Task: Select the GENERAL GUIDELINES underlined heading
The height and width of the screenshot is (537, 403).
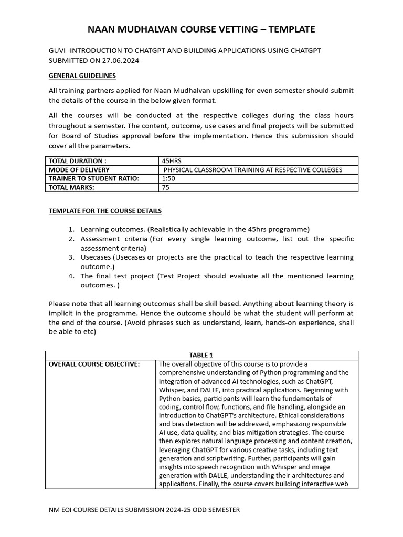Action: click(82, 76)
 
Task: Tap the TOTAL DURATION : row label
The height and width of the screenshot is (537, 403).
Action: click(78, 161)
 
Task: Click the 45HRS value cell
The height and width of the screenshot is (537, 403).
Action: click(172, 161)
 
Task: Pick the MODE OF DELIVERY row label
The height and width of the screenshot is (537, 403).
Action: click(79, 170)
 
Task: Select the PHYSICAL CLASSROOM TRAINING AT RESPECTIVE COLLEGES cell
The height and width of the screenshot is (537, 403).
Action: click(253, 170)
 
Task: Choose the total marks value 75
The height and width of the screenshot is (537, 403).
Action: click(166, 188)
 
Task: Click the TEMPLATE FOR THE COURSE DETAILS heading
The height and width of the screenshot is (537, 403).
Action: click(105, 211)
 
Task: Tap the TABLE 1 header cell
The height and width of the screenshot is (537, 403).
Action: click(201, 355)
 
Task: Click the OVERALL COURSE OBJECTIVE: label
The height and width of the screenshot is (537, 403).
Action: click(94, 364)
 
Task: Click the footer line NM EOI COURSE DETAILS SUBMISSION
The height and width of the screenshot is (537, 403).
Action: click(144, 510)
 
